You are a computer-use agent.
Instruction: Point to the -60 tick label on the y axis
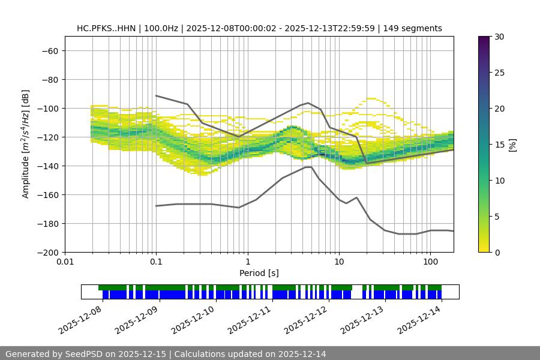(49, 50)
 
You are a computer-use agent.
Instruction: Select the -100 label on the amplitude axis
(46, 108)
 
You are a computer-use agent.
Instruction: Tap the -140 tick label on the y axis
(46, 166)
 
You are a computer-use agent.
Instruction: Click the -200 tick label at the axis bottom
(46, 252)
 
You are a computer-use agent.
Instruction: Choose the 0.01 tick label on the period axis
(65, 262)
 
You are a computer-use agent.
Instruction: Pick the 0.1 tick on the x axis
(156, 262)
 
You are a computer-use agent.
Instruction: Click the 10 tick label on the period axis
(339, 262)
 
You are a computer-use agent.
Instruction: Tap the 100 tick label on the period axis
(430, 262)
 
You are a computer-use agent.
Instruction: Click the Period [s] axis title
(259, 273)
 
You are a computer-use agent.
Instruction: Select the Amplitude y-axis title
(26, 144)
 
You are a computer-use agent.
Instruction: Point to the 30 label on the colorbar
(499, 37)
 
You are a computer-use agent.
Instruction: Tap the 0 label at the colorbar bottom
(497, 252)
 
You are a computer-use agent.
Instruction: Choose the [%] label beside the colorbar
(512, 145)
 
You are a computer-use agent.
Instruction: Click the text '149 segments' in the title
(415, 28)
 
